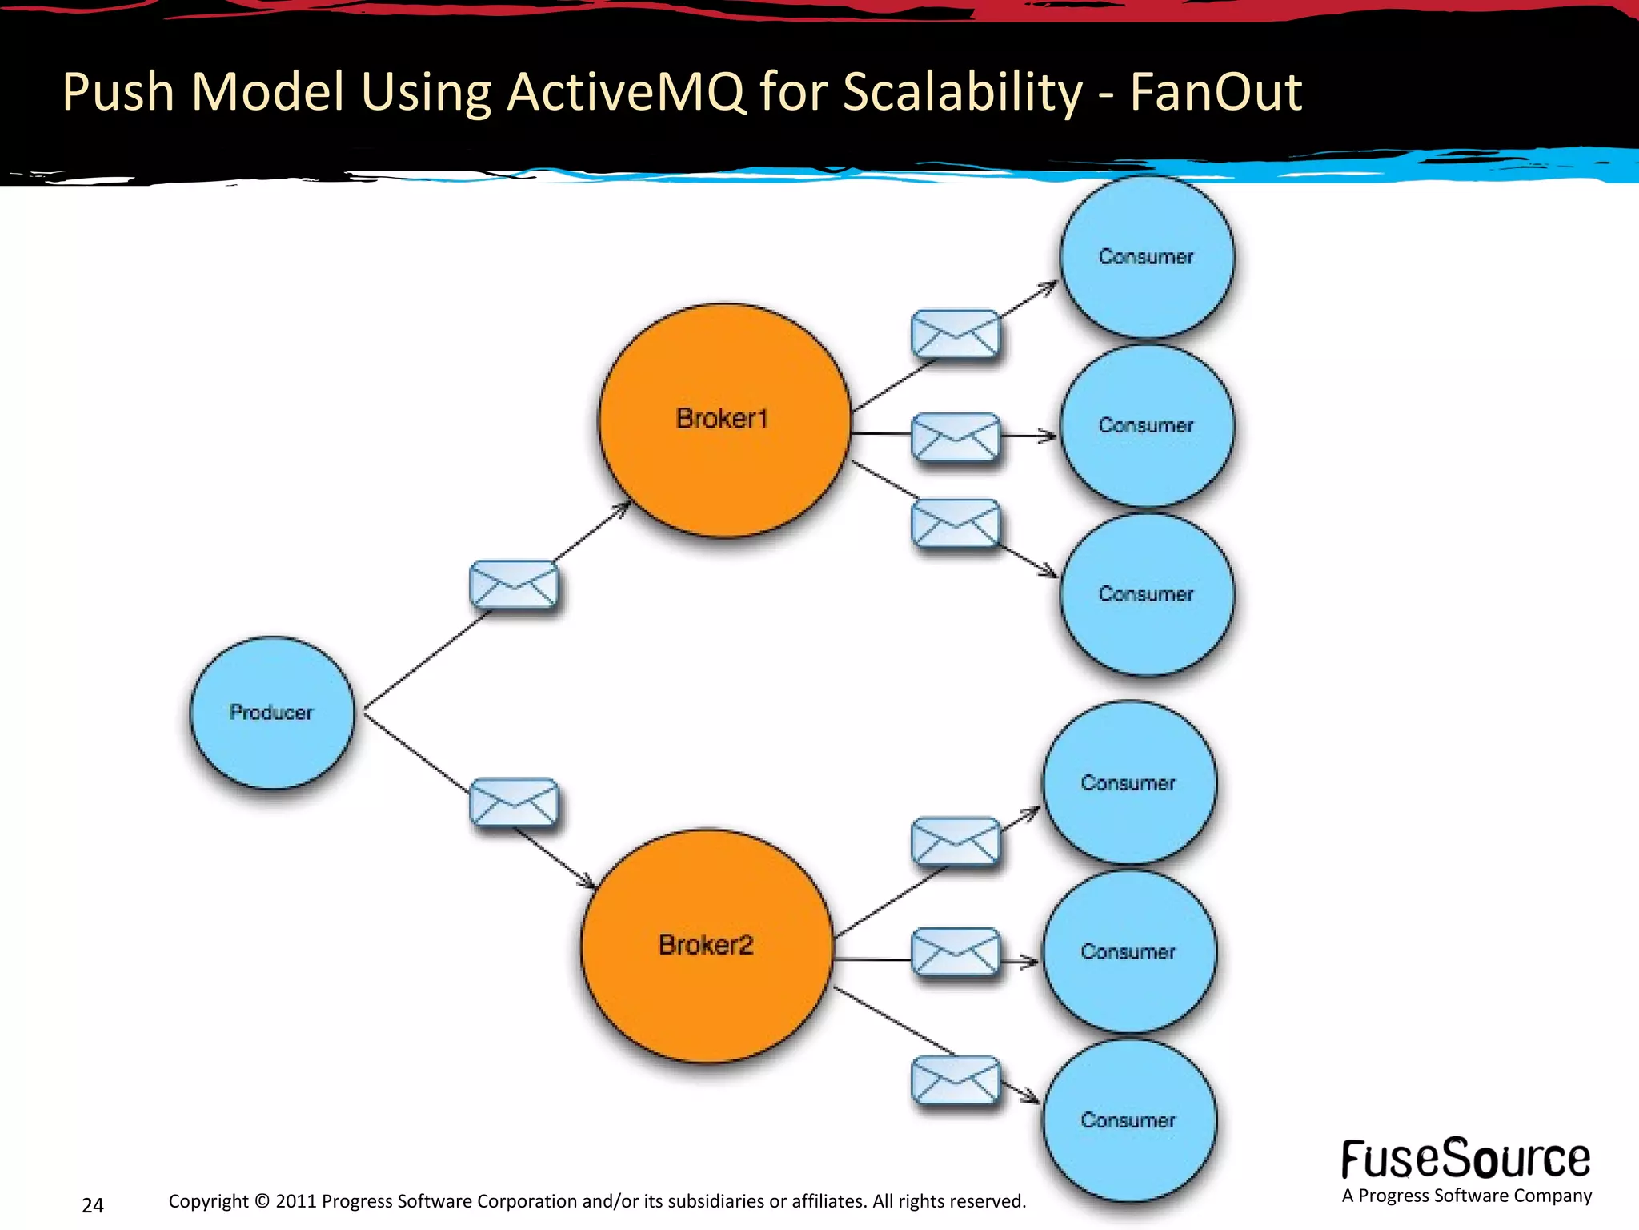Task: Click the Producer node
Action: tap(271, 713)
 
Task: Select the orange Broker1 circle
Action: tap(724, 420)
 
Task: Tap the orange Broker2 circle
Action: tap(707, 946)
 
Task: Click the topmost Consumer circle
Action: tap(1146, 257)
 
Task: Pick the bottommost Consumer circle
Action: tap(1128, 1120)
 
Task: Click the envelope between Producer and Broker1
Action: tap(513, 585)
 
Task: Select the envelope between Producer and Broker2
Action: tap(513, 802)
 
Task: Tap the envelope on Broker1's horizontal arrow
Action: tap(956, 436)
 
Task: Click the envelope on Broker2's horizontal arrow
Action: tap(956, 952)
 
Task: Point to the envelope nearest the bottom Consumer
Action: tap(956, 1079)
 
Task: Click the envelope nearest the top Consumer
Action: tap(956, 334)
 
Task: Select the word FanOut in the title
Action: tap(1216, 92)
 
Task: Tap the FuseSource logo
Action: tap(1465, 1160)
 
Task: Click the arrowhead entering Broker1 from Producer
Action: tap(623, 508)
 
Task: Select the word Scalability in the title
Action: tap(962, 92)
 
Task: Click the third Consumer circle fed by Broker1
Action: tap(1146, 595)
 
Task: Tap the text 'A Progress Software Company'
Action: tap(1466, 1196)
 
